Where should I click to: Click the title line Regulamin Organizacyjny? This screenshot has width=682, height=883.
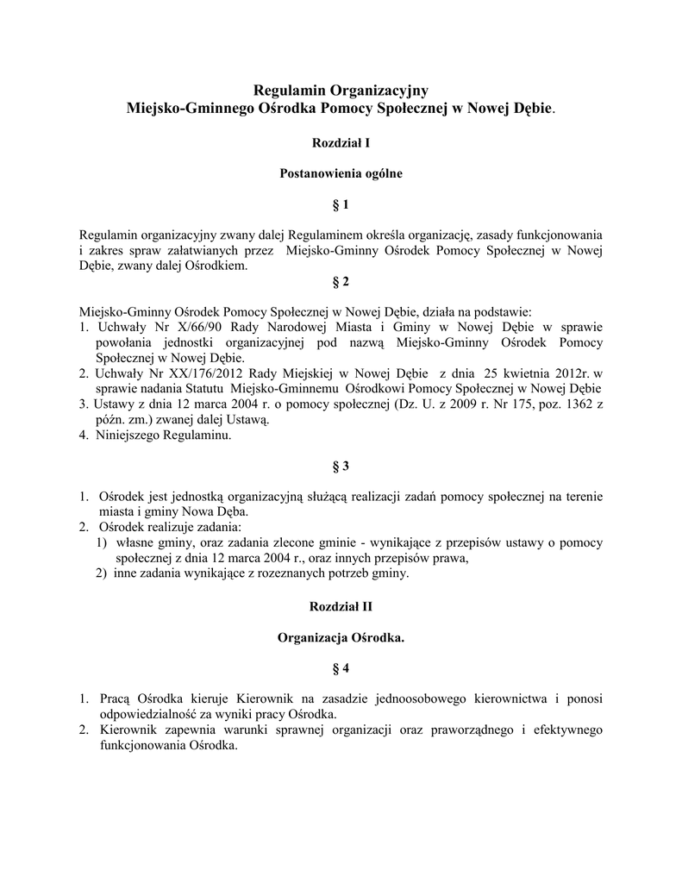[341, 90]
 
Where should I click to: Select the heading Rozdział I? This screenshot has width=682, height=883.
[341, 141]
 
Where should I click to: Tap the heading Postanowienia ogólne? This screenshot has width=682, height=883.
[341, 172]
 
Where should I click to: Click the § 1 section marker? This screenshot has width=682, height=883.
[341, 205]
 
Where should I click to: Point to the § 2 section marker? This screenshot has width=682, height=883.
[341, 282]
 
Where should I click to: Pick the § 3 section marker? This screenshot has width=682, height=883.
[341, 466]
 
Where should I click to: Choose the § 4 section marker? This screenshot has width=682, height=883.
[341, 668]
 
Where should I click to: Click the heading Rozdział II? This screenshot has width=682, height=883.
[341, 606]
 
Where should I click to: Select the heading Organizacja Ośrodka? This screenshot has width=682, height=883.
[341, 637]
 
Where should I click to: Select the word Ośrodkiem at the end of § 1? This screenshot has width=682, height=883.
[216, 266]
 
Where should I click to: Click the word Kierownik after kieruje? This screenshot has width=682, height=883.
[265, 700]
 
